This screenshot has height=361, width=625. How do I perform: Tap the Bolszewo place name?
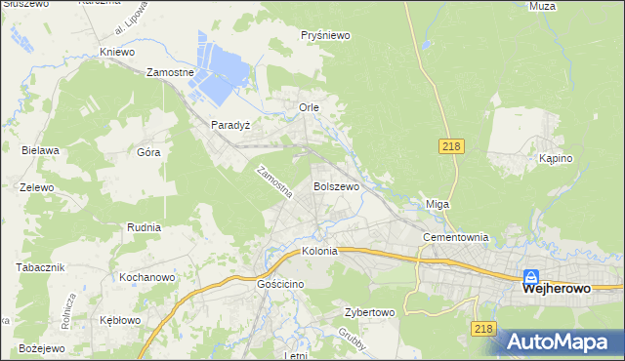point(336,185)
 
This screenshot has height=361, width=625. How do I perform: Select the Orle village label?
point(310,106)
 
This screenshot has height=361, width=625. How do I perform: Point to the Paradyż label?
point(231,126)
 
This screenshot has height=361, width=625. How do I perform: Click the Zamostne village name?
point(171,72)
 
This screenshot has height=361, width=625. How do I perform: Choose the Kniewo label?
point(116,52)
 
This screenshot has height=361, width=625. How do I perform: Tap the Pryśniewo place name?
point(325,35)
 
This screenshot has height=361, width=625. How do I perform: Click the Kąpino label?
point(555,158)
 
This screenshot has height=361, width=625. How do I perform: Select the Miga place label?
point(437,204)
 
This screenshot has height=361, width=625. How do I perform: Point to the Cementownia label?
point(454,238)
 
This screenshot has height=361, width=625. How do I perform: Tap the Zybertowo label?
point(369,313)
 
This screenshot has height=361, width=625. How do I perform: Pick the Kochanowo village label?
point(146,278)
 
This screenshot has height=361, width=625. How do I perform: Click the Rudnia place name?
point(144,227)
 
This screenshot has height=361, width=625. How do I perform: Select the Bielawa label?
point(41,150)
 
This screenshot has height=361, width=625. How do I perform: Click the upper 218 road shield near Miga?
point(450,146)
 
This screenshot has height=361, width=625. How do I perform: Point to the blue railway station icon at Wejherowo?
point(531,276)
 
